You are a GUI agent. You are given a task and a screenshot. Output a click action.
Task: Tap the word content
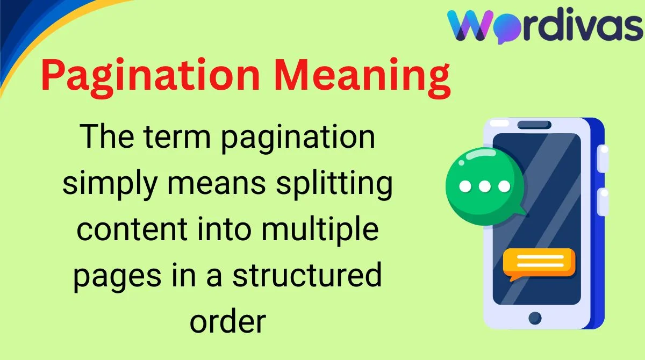coord(132,229)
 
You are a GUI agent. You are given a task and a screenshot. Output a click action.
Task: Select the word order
coord(228,321)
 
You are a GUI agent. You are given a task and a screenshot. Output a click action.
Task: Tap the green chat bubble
coord(485,186)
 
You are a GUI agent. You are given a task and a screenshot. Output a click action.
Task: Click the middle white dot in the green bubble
coord(485,186)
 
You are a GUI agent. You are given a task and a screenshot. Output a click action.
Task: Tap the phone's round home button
coord(535,318)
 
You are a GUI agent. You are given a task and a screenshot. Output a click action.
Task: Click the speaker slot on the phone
coord(534,125)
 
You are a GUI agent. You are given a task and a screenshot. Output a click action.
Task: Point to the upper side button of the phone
coord(603,159)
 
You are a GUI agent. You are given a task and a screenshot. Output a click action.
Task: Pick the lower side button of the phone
coord(603,201)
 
